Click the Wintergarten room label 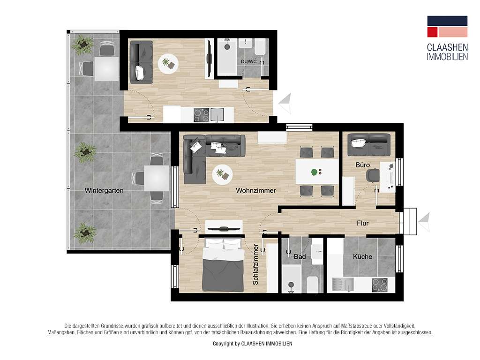(104, 191)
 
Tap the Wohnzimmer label (255, 191)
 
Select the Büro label (362, 165)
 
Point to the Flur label (362, 224)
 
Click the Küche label (362, 256)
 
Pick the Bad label (300, 257)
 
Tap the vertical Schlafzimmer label (256, 265)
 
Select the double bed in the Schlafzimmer (223, 265)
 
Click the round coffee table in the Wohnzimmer (222, 175)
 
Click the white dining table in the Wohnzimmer (317, 172)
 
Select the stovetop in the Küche (380, 285)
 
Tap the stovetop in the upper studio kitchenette (202, 115)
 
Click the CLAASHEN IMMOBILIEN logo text (447, 52)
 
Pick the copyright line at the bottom (252, 344)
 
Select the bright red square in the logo (432, 32)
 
